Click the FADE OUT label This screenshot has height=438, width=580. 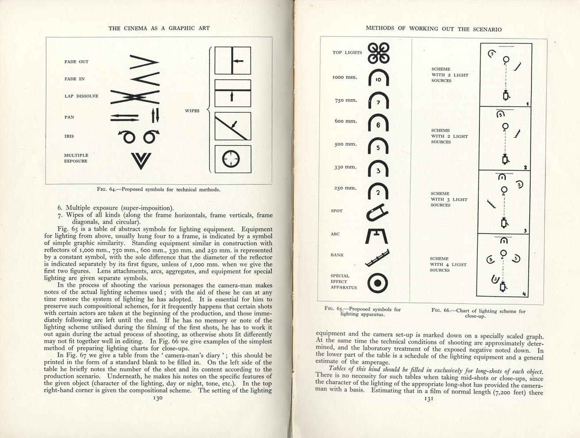(x=77, y=62)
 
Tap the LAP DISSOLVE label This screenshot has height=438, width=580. (x=81, y=96)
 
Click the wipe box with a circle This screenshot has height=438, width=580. (x=233, y=159)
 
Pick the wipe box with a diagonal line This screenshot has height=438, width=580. (x=233, y=126)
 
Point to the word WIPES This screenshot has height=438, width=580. (x=192, y=111)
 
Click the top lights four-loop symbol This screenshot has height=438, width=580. (x=379, y=52)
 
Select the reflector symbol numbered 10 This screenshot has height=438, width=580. (x=378, y=79)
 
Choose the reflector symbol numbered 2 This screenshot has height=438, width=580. (x=378, y=192)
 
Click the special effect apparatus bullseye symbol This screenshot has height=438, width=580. (x=378, y=283)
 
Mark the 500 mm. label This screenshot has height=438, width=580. (x=345, y=144)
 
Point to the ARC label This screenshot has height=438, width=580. (x=335, y=234)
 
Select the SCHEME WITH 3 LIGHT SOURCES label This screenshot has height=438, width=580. (x=449, y=200)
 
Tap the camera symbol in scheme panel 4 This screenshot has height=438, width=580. (x=503, y=288)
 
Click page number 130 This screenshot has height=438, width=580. (x=158, y=398)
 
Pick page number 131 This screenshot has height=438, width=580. (x=428, y=399)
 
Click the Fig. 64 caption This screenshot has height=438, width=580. (x=159, y=190)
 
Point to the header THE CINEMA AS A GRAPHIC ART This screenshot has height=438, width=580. (x=159, y=28)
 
